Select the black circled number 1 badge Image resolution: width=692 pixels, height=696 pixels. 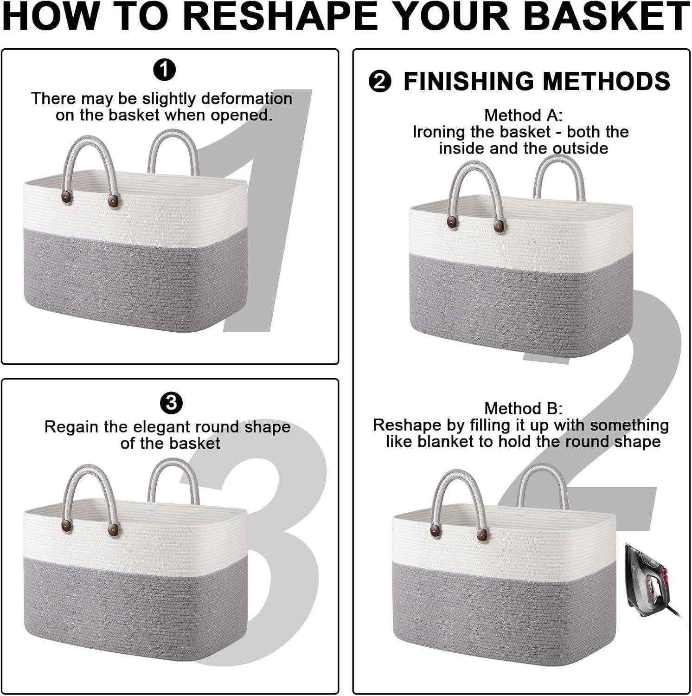164,71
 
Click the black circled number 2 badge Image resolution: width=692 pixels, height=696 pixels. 380,82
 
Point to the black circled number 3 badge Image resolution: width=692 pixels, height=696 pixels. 172,403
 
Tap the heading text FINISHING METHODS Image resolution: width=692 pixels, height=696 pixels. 537,81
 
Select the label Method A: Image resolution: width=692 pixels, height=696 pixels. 523,115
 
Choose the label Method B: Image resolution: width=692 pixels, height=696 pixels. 523,408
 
